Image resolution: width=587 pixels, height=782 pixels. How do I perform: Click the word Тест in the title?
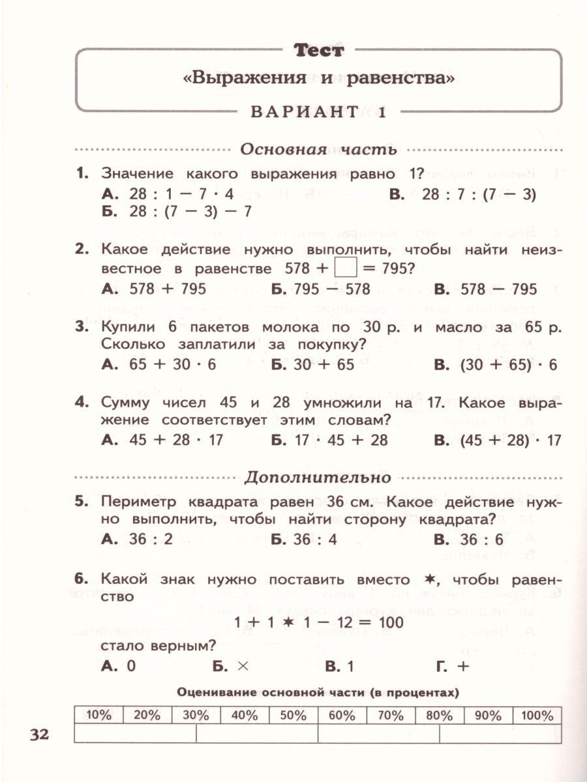318,50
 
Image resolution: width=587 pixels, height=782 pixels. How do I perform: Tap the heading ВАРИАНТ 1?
318,111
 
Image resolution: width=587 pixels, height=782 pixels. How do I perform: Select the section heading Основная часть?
318,149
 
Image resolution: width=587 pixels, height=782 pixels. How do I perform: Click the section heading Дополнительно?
318,477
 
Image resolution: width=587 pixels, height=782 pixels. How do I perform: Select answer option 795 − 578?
332,289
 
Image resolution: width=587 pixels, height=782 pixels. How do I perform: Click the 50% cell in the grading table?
293,715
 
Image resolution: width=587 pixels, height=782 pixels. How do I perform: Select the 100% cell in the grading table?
537,715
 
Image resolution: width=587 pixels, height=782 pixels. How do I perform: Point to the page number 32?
39,734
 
